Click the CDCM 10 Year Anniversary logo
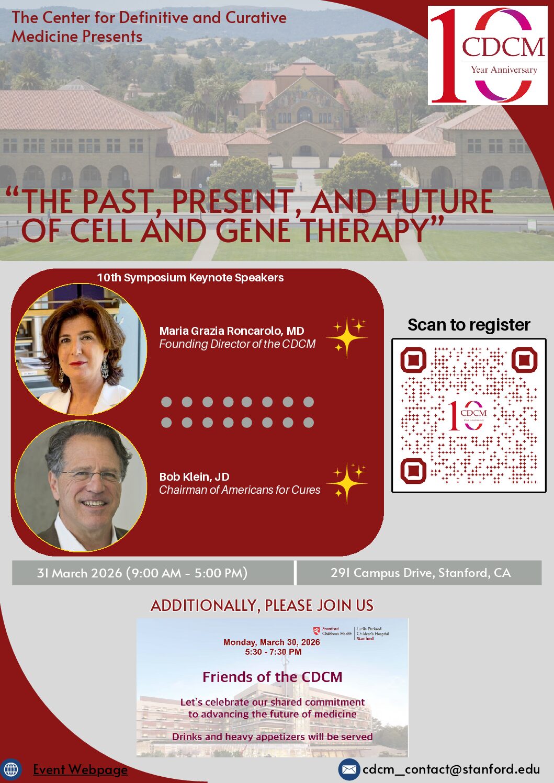coord(488,55)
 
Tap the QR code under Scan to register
coord(469,415)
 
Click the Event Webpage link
coord(81,769)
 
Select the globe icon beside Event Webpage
coord(11,769)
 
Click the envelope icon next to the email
coord(349,769)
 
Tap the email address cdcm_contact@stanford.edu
coord(451,769)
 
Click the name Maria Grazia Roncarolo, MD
coord(232,331)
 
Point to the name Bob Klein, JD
coord(194,476)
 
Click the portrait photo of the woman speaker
coord(81,349)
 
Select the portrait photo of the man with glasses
coord(81,486)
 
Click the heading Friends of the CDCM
coord(272,677)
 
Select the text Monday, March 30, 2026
coord(272,642)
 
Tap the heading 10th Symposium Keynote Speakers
coord(190,278)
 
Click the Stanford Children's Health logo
coord(332,631)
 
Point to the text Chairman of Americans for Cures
coord(240,490)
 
